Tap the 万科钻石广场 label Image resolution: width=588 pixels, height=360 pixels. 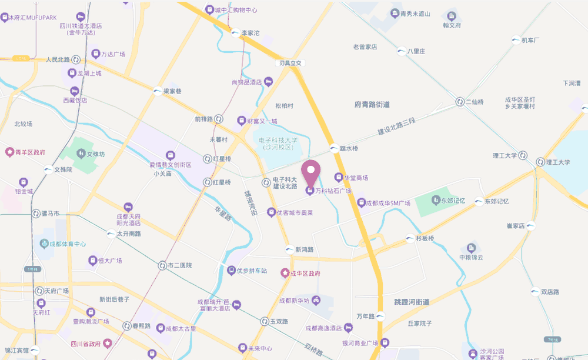(x=333, y=191)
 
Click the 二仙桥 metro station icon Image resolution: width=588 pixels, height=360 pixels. (x=460, y=102)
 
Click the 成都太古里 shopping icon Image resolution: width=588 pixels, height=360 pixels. (x=160, y=328)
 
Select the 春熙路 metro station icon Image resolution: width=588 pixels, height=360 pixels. (x=127, y=325)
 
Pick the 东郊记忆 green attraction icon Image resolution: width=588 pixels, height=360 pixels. (x=436, y=201)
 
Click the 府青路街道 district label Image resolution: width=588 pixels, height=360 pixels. (x=372, y=105)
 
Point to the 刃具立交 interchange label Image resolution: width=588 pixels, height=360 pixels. (x=290, y=63)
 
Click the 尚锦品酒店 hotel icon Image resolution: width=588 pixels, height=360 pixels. (x=268, y=82)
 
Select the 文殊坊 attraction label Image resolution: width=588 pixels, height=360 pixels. (x=95, y=155)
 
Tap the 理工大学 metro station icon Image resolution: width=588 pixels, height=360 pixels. (x=539, y=162)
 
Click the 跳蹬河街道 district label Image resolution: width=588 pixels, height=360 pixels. (x=412, y=302)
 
